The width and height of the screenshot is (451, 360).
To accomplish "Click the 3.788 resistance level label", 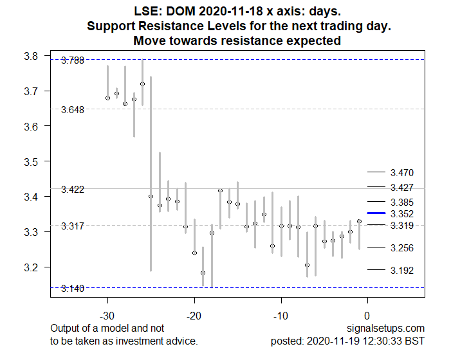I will pos(72,61).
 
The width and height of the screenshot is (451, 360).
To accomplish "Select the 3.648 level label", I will pos(72,110).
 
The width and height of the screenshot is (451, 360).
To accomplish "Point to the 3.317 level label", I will pos(72,226).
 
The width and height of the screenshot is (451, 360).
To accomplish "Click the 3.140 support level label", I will pos(72,289).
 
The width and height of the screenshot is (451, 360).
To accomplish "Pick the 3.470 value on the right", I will pos(401,173).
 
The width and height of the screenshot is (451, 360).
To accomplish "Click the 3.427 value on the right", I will pos(401,188).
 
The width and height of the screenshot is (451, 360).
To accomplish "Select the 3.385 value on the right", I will pos(401,203).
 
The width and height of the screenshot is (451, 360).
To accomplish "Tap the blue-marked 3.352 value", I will pos(401,213).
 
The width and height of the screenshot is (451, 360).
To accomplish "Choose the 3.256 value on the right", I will pos(401,248).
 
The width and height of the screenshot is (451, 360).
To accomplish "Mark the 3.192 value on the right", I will pos(401,271).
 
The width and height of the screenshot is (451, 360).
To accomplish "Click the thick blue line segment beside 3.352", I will pos(376,213).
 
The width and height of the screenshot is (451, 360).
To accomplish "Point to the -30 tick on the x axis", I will pos(107,316).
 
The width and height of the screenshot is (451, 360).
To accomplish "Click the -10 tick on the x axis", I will pos(281,316).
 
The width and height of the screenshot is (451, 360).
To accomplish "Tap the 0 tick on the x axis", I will pos(367,316).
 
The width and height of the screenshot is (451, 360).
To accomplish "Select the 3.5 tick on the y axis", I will pos(30,161).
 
